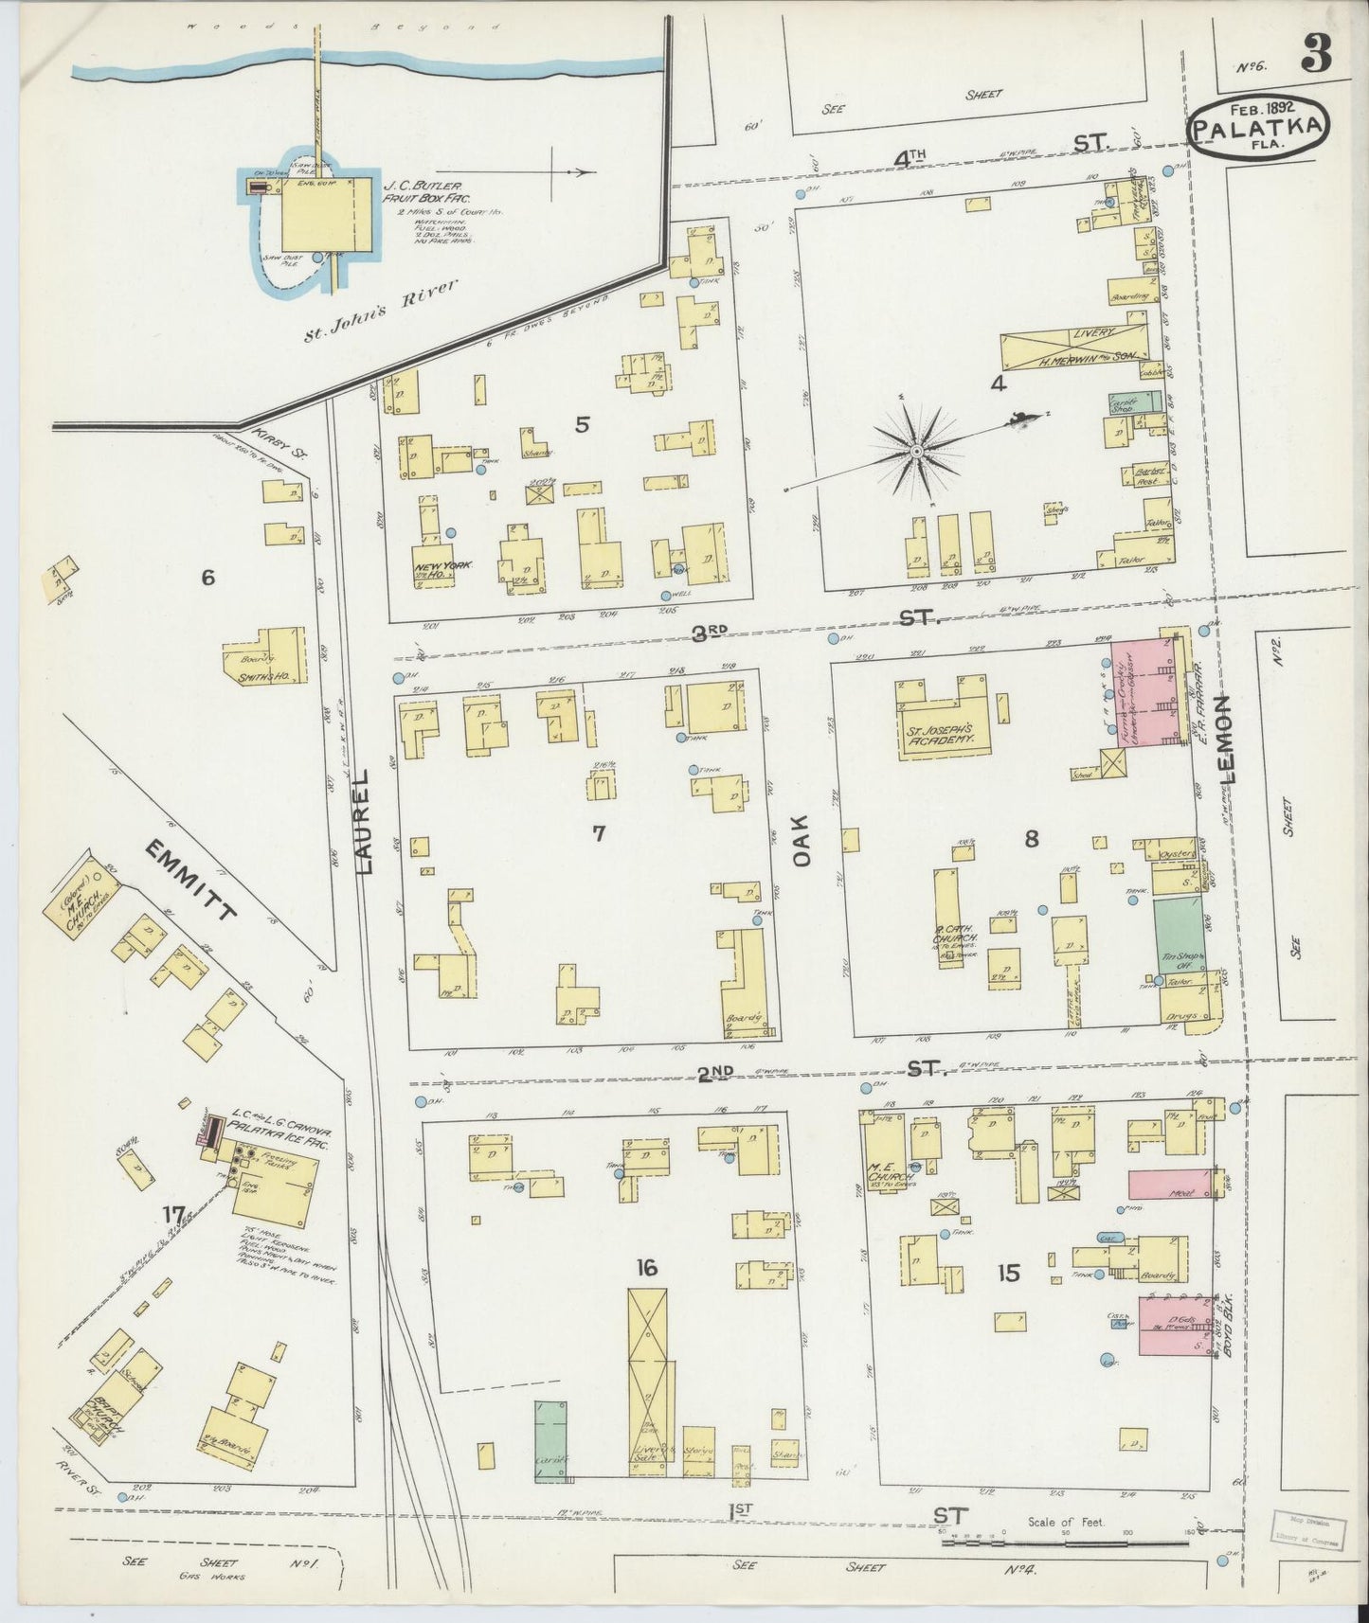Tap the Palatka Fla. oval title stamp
click(x=1259, y=130)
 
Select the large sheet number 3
click(x=1316, y=54)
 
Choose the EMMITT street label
click(x=189, y=880)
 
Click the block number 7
click(x=598, y=833)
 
